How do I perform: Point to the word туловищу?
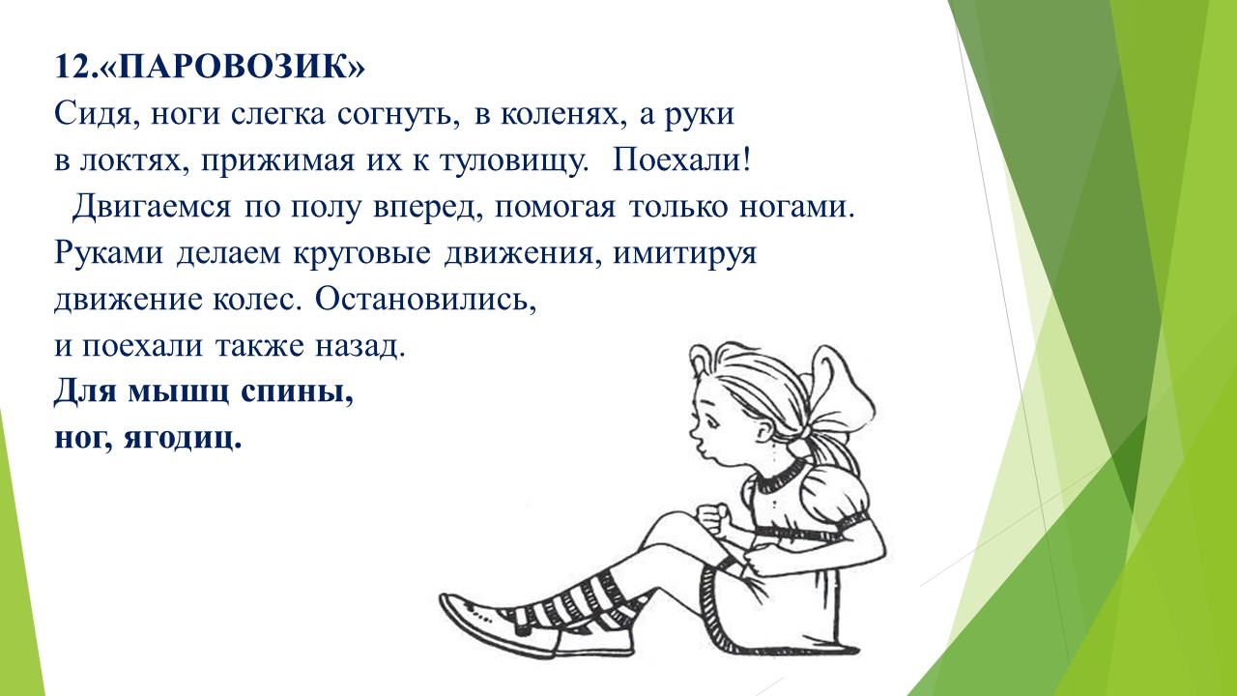[x=514, y=161]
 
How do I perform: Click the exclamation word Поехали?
[x=681, y=160]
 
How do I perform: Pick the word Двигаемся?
[x=152, y=208]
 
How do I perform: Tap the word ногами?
[x=796, y=208]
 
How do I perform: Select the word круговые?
[x=361, y=254]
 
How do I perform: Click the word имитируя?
[x=685, y=254]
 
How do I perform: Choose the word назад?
[x=360, y=347]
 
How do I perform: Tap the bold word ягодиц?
[x=183, y=439]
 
